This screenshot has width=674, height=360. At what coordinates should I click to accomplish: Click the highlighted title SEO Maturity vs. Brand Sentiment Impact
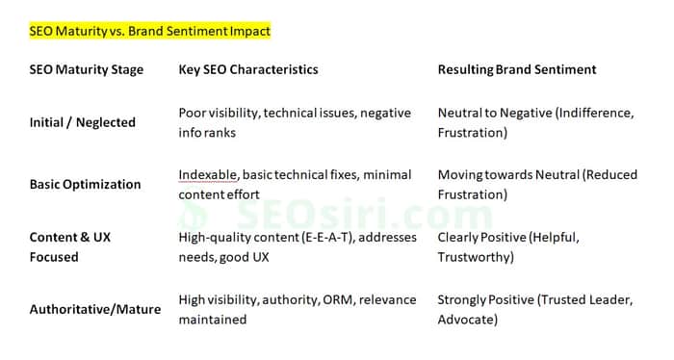pos(149,31)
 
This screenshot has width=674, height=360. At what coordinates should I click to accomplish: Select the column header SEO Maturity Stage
pos(87,69)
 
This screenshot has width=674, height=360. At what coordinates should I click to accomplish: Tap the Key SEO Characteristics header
pos(248,69)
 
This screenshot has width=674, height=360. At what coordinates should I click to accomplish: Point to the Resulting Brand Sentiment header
pos(517,69)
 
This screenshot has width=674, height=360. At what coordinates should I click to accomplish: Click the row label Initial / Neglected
pos(83,122)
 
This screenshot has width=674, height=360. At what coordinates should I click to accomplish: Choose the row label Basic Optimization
pos(85,184)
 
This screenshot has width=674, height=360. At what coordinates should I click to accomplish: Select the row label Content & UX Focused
pos(70,247)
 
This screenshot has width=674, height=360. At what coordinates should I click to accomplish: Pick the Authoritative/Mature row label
pos(95,309)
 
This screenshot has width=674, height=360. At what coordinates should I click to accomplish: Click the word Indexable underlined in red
pos(208,175)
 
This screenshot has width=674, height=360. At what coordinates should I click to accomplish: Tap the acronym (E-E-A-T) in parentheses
pos(327,237)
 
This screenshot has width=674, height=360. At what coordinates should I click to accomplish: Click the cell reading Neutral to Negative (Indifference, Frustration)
pos(535,122)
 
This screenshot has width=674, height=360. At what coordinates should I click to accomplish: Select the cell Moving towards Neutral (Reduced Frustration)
pos(537,184)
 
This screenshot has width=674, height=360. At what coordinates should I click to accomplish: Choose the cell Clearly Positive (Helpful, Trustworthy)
pos(508,247)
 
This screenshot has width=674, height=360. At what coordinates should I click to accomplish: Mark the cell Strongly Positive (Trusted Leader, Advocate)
pos(535,309)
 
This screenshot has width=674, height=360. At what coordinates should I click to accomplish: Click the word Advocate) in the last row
pos(468,320)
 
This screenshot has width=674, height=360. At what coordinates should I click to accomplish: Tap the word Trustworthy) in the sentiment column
pos(476,257)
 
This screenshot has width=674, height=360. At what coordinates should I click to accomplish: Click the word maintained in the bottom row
pos(213,320)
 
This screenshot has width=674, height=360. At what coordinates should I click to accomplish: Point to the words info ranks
pos(207,133)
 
